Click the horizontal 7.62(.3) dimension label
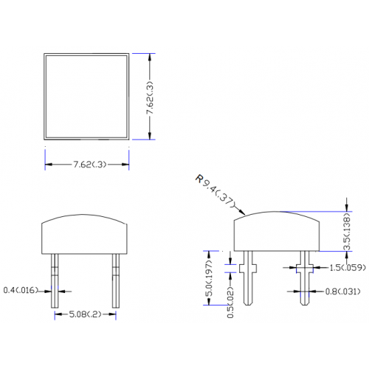[x=90, y=165]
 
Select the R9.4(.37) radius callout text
[x=215, y=192]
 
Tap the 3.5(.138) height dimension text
[x=347, y=231]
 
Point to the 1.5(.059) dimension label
[x=348, y=268]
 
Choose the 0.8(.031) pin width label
[x=343, y=292]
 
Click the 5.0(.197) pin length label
[x=209, y=278]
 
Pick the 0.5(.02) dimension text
[x=230, y=302]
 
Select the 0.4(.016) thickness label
[x=21, y=290]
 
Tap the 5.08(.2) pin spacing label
[x=85, y=314]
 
